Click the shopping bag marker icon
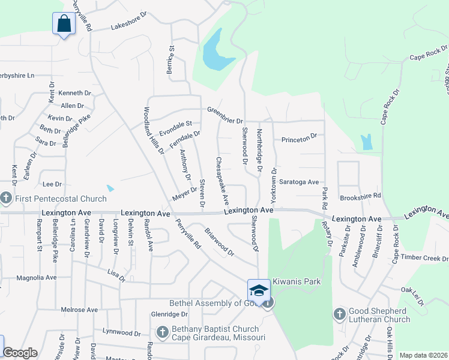(x=63, y=24)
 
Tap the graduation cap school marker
(x=259, y=290)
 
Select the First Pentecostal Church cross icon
(x=6, y=198)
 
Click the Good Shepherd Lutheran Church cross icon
(x=339, y=314)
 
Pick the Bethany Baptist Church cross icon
(x=161, y=332)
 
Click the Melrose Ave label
(x=79, y=310)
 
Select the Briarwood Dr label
(x=220, y=241)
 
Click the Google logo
(x=19, y=353)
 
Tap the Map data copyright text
(x=423, y=355)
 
